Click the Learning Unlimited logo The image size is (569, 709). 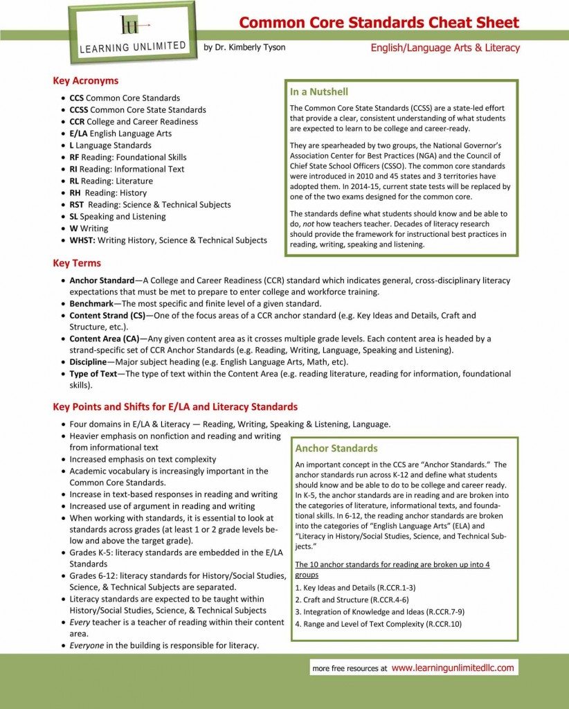coord(132,33)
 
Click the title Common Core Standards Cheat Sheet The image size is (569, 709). coord(379,22)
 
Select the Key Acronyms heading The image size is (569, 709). coord(85,80)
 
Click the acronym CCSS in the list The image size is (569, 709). coord(79,109)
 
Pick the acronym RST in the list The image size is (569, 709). coord(77,204)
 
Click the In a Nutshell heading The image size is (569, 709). coord(318,91)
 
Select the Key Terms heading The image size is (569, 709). coord(77,263)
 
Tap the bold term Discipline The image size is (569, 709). coord(88,362)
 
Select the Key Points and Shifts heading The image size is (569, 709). coord(175,406)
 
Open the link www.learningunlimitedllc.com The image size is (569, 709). coord(453,668)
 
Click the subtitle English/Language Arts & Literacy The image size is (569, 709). coord(445,48)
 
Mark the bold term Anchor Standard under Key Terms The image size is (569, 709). coord(102,280)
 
